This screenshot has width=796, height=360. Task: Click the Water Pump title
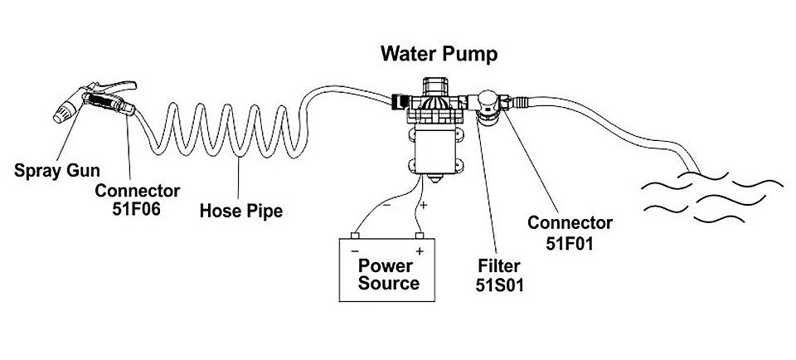(x=439, y=54)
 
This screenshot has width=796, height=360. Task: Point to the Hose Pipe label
(x=241, y=211)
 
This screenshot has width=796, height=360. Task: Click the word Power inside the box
(x=386, y=266)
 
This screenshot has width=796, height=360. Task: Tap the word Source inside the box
(x=387, y=284)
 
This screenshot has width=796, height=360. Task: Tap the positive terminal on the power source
(x=419, y=236)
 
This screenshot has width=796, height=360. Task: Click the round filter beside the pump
(x=488, y=111)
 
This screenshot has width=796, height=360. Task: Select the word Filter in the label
(x=499, y=267)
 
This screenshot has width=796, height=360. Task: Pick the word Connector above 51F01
(x=570, y=223)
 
